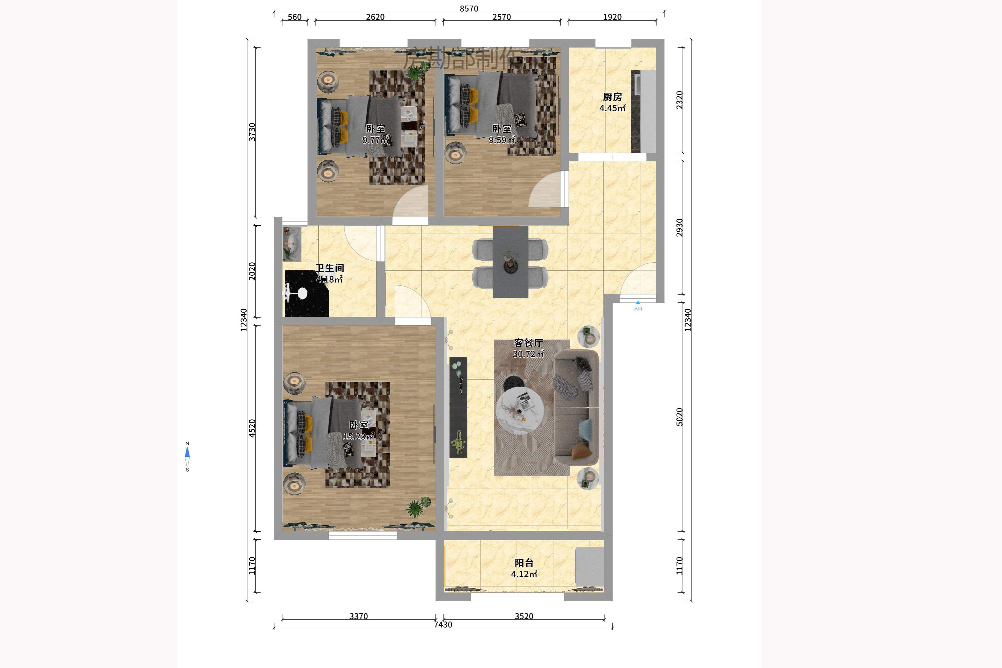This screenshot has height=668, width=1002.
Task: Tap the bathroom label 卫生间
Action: [x=329, y=268]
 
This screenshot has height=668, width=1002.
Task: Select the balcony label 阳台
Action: [x=524, y=563]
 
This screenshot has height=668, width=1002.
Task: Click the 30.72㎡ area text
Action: [x=528, y=354]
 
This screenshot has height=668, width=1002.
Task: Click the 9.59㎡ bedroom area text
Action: [x=502, y=140]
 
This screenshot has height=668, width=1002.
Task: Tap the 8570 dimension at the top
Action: [x=469, y=9]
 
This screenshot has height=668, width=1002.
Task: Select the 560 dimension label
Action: [x=294, y=17]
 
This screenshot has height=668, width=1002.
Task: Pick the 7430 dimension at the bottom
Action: [x=443, y=625]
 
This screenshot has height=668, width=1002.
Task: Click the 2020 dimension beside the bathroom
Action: [x=252, y=271]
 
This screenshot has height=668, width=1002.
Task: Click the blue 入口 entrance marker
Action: [x=638, y=306]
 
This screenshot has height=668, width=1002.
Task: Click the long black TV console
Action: [x=458, y=407]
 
